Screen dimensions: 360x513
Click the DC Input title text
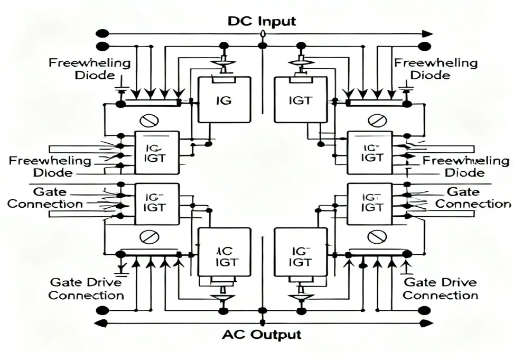pos(262,21)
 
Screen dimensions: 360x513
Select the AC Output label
pos(262,335)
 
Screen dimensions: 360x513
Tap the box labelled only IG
pos(224,100)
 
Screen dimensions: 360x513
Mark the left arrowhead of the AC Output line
pos(98,323)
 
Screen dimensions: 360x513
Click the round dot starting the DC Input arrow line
pos(99,33)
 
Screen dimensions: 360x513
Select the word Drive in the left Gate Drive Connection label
pos(105,282)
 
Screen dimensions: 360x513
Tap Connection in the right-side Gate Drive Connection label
pos(440,296)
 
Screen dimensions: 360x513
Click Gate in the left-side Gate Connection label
pos(46,192)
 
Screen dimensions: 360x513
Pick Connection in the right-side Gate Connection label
pos(473,204)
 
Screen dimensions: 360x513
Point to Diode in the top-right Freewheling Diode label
pos(430,75)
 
